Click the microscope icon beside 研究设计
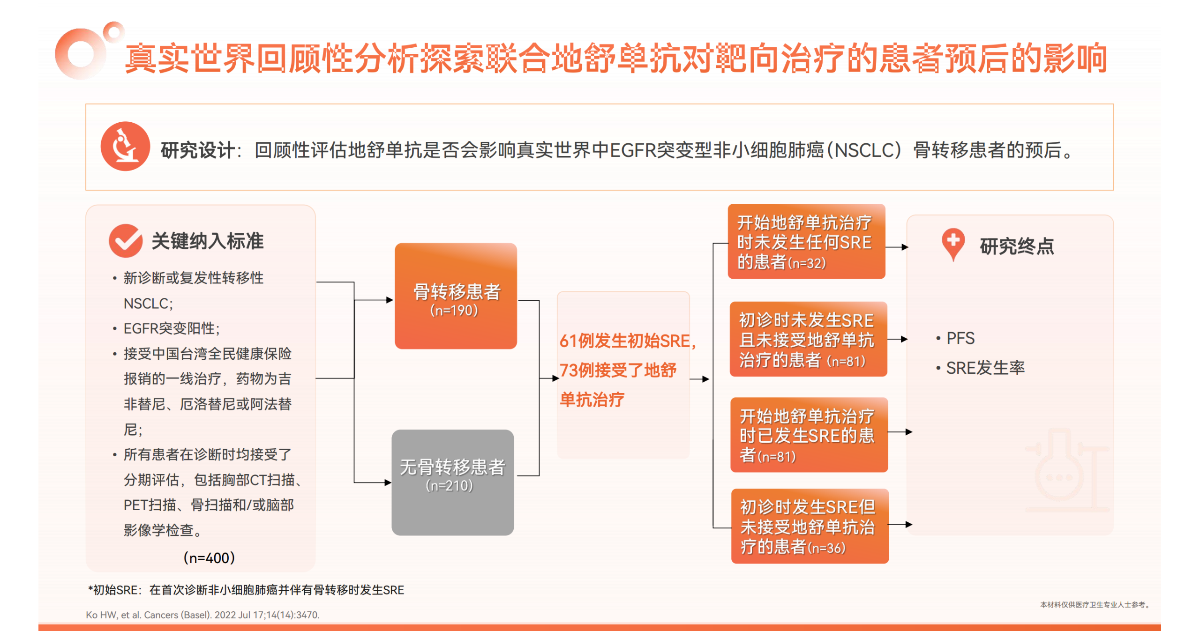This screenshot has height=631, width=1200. click(x=125, y=146)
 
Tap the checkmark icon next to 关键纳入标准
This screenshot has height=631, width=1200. click(x=125, y=240)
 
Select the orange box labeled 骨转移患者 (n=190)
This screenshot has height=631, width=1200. click(x=455, y=296)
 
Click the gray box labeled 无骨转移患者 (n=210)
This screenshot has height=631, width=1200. click(x=452, y=483)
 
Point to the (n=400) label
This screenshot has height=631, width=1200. click(x=209, y=557)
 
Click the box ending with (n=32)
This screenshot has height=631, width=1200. click(x=805, y=242)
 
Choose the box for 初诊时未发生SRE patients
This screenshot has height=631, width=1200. click(x=807, y=340)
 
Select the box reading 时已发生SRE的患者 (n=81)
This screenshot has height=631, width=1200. click(x=808, y=435)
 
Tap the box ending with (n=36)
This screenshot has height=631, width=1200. click(x=809, y=526)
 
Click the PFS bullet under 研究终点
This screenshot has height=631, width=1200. click(x=960, y=338)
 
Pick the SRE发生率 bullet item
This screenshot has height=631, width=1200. click(x=984, y=368)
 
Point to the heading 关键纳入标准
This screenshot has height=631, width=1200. click(x=207, y=241)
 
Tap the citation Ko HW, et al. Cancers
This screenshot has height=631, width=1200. click(x=202, y=615)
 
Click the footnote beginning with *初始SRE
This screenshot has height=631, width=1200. click(x=246, y=590)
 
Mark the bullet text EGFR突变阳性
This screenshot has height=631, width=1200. click(x=171, y=328)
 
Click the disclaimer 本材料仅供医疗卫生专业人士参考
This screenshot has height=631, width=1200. click(x=1094, y=604)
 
